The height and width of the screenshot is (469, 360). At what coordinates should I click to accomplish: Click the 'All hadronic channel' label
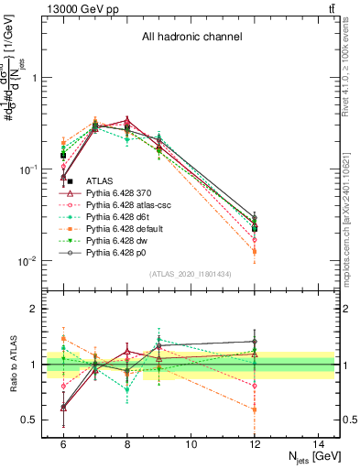pos(191,38)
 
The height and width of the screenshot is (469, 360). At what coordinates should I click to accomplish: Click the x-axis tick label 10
pos(191,443)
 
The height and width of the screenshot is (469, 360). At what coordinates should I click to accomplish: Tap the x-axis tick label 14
pos(319,443)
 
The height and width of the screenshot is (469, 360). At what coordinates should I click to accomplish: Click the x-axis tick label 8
pos(127,443)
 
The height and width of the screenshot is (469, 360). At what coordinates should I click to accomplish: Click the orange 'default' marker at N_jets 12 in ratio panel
pos(255,409)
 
